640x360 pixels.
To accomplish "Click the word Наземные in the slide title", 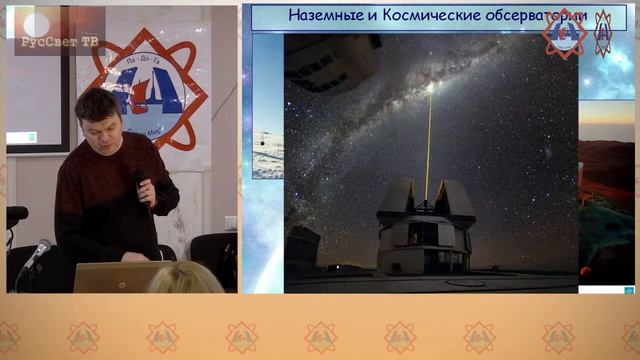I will tap(322, 16).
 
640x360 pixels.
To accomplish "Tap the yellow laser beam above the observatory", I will tap(428, 140).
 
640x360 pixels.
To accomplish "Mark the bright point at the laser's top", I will tap(430, 88).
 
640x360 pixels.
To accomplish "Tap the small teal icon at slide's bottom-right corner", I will tap(614, 290).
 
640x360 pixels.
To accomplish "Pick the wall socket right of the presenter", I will tap(230, 222).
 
